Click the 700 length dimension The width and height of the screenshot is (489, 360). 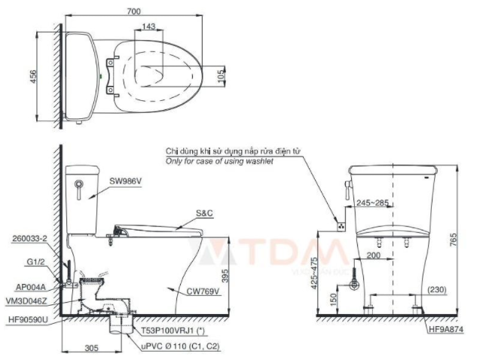[133, 11]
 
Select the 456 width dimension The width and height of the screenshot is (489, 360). [33, 76]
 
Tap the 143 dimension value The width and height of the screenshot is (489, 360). [148, 26]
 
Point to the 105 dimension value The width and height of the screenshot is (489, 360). [221, 76]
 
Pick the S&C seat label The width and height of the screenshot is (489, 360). [204, 213]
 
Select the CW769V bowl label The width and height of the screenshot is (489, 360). [203, 291]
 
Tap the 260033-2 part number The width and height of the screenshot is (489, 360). [29, 239]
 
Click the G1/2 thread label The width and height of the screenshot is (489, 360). [35, 262]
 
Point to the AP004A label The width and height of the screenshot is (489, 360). [31, 287]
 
